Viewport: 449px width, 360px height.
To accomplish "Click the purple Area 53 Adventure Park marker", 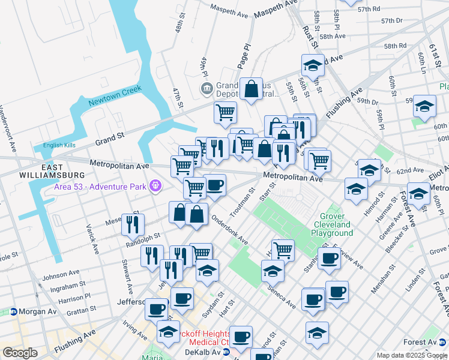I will click(x=156, y=187).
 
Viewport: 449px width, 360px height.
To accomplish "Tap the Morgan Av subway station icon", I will click(x=13, y=312).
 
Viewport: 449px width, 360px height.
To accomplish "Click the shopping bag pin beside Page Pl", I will click(x=252, y=90).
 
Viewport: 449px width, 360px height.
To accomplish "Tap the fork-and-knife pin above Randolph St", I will click(x=133, y=225).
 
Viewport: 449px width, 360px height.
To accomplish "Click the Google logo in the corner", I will click(x=20, y=353).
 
